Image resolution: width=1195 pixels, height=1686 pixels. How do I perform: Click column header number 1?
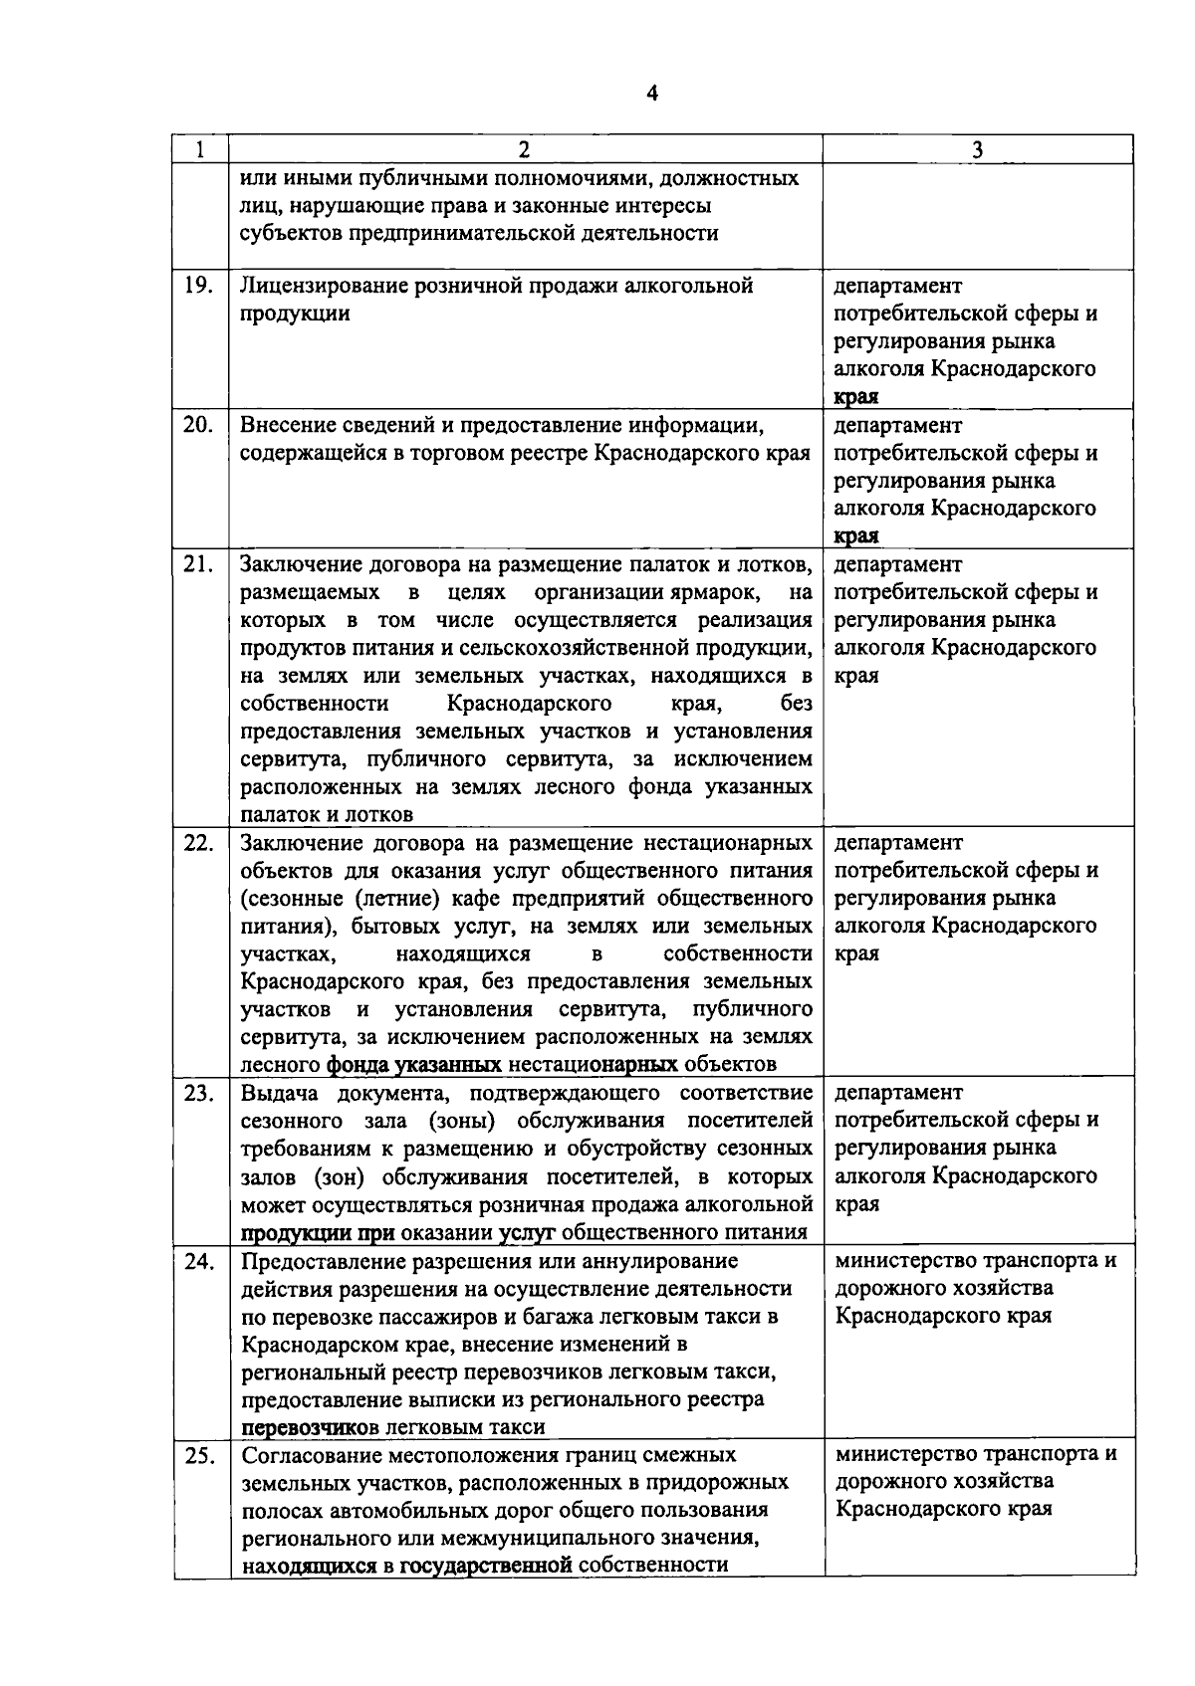coord(200,150)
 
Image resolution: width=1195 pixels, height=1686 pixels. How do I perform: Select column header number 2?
coord(524,150)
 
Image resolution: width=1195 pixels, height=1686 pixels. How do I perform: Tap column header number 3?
coord(977,150)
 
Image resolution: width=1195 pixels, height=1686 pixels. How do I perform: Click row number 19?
coord(199,286)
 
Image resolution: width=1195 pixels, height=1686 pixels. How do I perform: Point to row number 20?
coord(199,425)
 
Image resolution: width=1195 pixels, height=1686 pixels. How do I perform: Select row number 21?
coord(199,564)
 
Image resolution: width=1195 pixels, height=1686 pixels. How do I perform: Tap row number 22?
coord(199,843)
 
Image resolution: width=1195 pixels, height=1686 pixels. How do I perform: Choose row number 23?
coord(199,1093)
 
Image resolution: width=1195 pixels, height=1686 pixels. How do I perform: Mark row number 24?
coord(199,1261)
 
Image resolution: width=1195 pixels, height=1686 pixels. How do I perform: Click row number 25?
coord(199,1455)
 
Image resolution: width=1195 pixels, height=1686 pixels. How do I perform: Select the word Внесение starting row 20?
coord(284,426)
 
